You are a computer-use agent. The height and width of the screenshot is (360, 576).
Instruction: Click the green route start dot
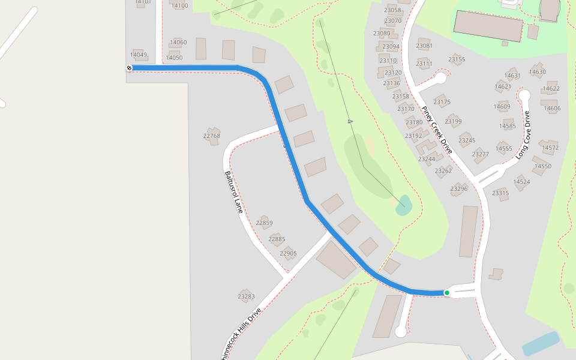point(447,293)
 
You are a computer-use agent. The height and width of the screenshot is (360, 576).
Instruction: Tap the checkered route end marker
point(129,68)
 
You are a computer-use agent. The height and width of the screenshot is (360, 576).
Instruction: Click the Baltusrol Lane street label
point(234,192)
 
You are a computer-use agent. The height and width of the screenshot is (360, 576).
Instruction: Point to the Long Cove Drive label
point(523,135)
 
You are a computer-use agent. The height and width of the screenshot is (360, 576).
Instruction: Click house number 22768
point(212,136)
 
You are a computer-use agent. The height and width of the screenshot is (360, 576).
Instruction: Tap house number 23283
point(246,296)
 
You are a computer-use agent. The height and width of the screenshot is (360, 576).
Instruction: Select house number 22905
point(288,253)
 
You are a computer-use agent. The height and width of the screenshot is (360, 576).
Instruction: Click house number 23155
point(457,59)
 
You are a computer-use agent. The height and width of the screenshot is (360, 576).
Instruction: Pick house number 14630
point(538,72)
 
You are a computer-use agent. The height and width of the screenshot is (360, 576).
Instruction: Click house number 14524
point(521,182)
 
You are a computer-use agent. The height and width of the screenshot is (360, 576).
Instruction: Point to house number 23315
point(500,193)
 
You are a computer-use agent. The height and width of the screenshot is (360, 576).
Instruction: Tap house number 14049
point(139,55)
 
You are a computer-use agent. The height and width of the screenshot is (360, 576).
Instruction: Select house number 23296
point(459,189)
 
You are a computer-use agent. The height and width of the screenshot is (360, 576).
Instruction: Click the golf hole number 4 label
point(350,122)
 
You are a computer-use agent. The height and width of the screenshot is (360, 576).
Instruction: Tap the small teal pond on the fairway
point(404,204)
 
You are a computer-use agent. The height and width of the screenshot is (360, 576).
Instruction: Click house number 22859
point(264,223)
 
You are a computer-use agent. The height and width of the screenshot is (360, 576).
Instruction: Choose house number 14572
point(550,148)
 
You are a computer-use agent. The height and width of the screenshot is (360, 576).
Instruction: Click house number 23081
point(424,46)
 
